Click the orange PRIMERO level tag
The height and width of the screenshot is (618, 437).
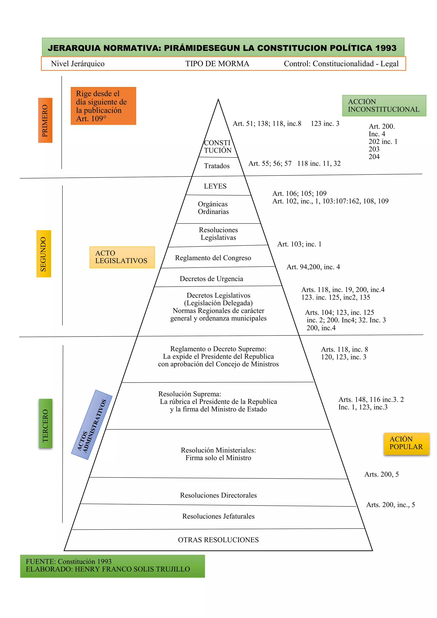pos(45,120)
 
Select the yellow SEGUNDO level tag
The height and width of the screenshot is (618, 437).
pos(44,254)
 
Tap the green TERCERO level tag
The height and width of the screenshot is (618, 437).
pos(45,423)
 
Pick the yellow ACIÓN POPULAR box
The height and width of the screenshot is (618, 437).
pos(406,443)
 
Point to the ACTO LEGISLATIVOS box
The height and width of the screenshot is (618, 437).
pos(122,257)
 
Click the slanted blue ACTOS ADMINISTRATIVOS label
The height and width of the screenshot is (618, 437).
pos(92,425)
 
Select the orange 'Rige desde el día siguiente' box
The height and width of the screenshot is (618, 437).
pos(103,106)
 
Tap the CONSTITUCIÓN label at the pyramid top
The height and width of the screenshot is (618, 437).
pos(217,146)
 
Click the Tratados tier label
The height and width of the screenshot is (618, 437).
pos(217,166)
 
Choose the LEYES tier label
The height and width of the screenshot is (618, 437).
pos(215,186)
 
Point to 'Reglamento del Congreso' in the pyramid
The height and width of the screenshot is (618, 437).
pos(213,258)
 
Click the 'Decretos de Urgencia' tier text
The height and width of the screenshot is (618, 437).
pos(211,278)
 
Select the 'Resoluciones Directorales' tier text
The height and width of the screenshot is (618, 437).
pos(218,495)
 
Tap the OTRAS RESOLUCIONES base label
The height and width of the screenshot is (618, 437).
pos(218,540)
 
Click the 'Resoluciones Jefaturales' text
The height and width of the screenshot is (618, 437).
pos(218,516)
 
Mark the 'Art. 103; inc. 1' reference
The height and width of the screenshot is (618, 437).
pos(299,244)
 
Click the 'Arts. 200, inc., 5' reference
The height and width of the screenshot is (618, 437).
pos(390,505)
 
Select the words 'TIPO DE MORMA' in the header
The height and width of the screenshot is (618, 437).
pos(217,64)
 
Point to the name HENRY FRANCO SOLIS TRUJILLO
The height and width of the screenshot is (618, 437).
pos(132,569)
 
